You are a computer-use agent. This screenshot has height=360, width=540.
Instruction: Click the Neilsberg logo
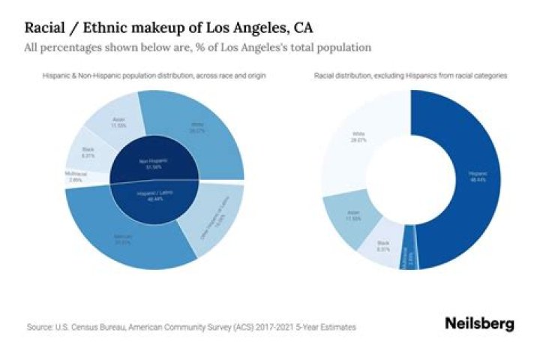(x=479, y=324)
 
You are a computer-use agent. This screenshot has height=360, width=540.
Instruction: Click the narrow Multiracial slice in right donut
(x=409, y=256)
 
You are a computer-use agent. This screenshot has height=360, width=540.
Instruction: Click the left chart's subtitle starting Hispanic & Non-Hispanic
(x=154, y=76)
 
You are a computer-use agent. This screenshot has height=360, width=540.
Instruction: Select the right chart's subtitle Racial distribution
(x=411, y=76)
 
